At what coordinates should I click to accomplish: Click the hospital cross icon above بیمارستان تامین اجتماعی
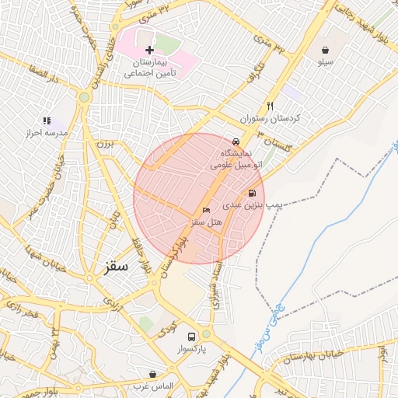click(x=150, y=50)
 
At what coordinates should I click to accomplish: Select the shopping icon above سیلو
click(x=324, y=50)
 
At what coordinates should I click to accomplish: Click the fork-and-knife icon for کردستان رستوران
click(x=271, y=106)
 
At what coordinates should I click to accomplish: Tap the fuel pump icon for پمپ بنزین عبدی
click(x=252, y=194)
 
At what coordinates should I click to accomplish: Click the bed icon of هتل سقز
click(x=206, y=210)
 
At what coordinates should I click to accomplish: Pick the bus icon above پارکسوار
click(x=191, y=337)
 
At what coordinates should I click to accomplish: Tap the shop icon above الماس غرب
click(x=152, y=374)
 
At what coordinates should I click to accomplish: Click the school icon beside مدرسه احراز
click(x=47, y=121)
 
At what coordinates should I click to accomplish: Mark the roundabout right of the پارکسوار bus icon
click(x=207, y=335)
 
